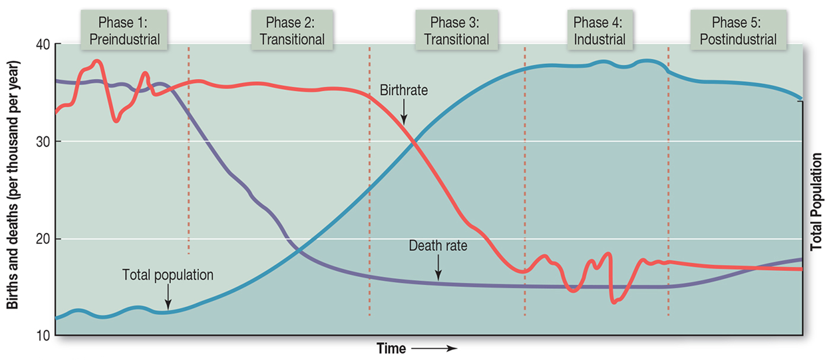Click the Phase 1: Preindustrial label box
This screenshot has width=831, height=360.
(x=124, y=31)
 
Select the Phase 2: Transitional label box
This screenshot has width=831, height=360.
(x=292, y=31)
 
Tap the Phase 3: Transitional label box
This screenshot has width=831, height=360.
(x=456, y=31)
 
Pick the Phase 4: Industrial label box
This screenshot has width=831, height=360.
(x=599, y=31)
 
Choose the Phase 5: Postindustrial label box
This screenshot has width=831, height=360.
(x=738, y=31)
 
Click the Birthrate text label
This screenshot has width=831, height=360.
(x=404, y=90)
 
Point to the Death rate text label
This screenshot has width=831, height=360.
(x=438, y=246)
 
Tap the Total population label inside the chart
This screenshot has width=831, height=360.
(x=168, y=275)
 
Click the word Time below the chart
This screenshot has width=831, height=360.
(x=391, y=349)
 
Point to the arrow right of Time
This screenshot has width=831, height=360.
(x=434, y=349)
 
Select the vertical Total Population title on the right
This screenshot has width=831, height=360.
(x=816, y=202)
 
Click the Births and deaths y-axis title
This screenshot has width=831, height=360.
(x=13, y=184)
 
